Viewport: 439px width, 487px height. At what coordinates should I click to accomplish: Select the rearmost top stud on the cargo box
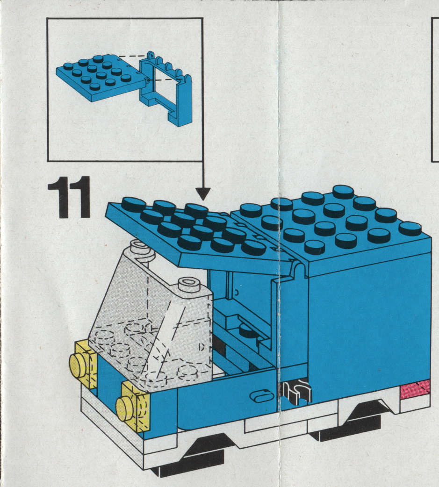pyautogui.click(x=344, y=192)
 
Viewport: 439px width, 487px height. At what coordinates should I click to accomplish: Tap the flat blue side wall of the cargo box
pyautogui.click(x=370, y=320)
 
